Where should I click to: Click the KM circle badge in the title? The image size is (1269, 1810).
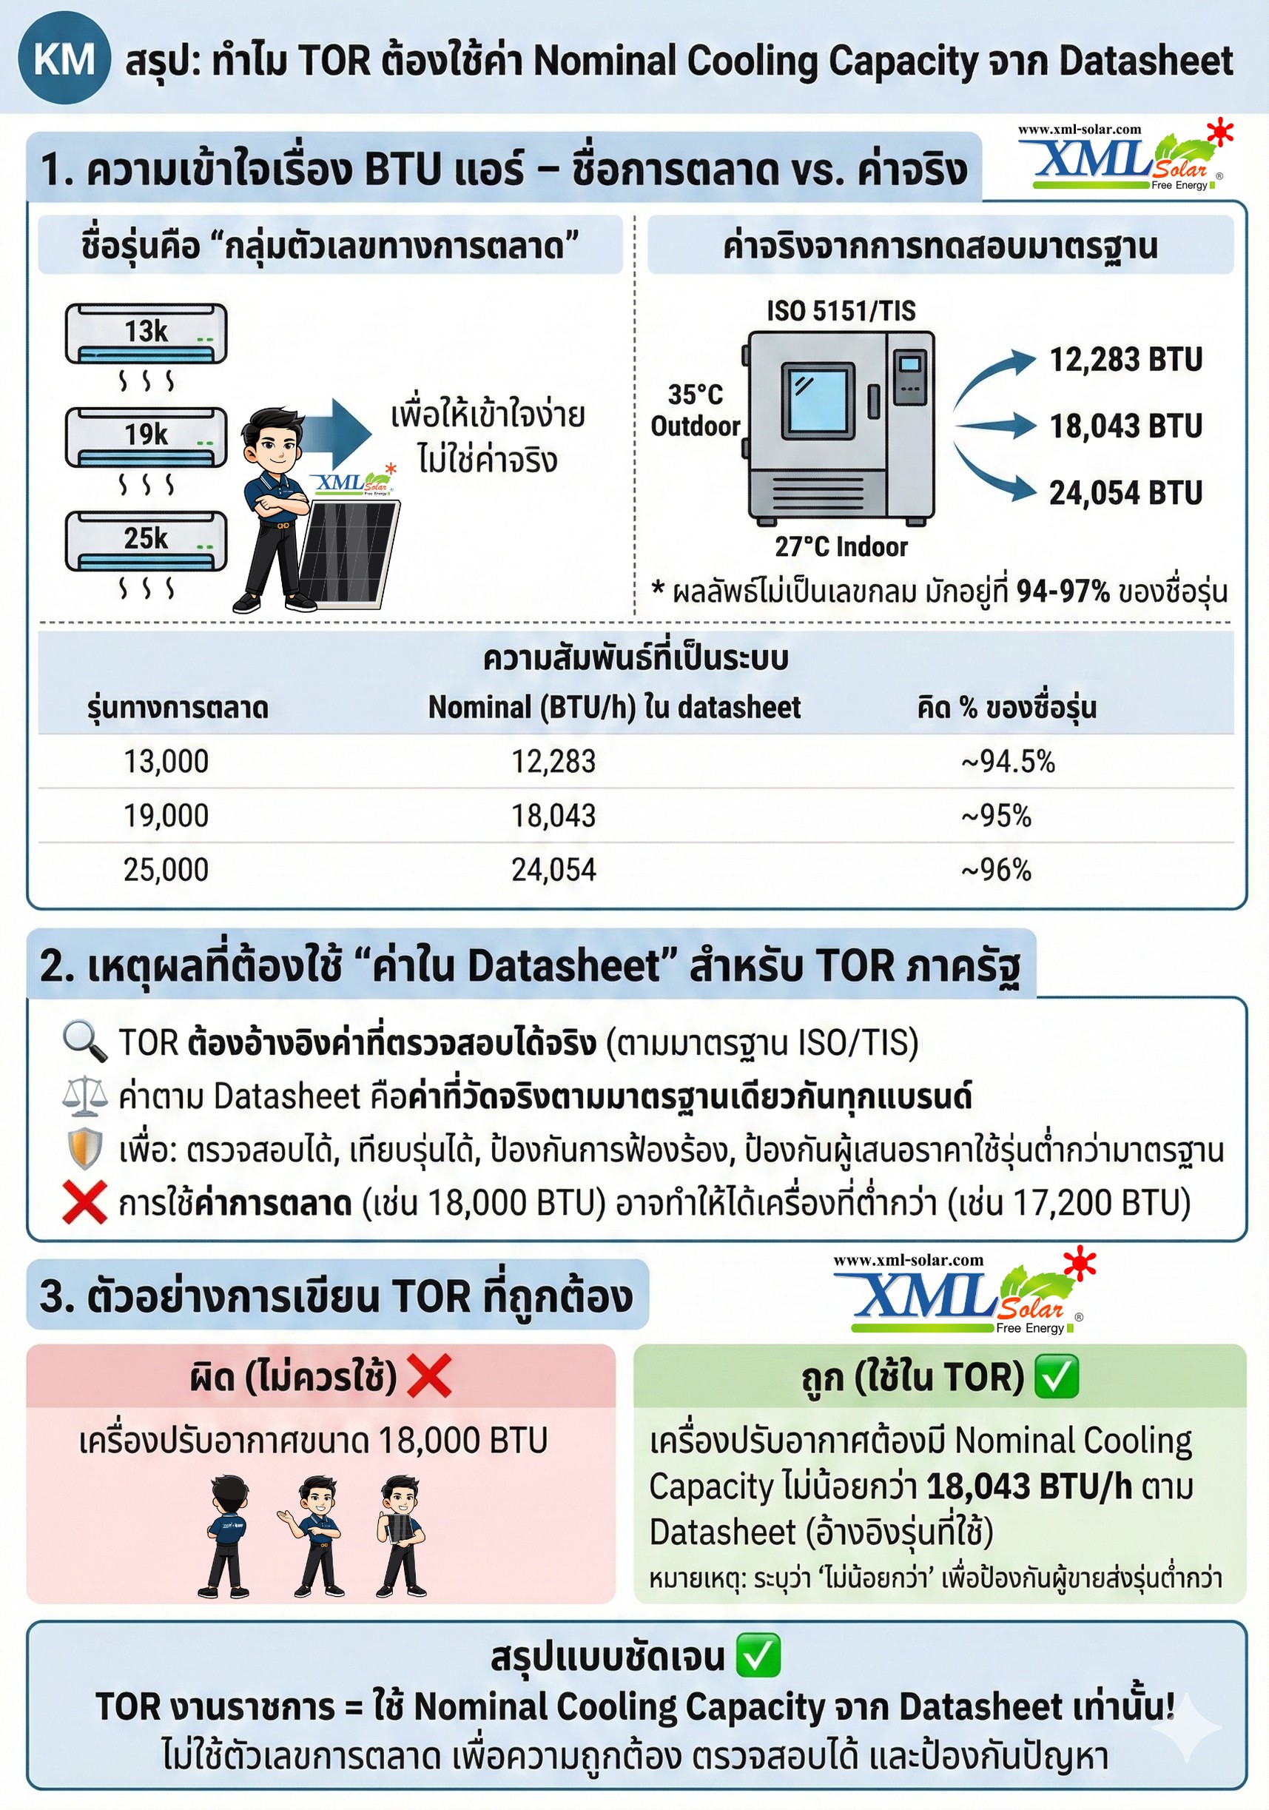tap(63, 60)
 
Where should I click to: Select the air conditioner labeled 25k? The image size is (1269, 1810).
tap(146, 542)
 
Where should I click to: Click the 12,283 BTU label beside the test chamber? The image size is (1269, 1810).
tap(1125, 360)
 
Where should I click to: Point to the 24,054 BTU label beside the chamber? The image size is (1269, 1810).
tap(1125, 493)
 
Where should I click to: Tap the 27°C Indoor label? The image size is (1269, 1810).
tap(841, 546)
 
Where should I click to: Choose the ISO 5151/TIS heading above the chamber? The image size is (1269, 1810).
tap(841, 311)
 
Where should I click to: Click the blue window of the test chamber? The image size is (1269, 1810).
tap(818, 400)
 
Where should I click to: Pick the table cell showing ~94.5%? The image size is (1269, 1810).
tap(1007, 762)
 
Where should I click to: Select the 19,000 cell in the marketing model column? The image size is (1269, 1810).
tap(166, 815)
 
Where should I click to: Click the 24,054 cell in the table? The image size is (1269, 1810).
tap(553, 870)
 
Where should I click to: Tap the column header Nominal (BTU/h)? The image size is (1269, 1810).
tap(613, 707)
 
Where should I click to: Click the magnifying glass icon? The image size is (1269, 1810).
tap(84, 1042)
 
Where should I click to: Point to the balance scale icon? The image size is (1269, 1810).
tap(84, 1096)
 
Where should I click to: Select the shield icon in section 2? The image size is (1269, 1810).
tap(84, 1149)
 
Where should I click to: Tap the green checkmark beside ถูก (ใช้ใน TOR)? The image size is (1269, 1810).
tap(1055, 1376)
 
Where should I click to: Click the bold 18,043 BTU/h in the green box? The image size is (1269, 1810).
tap(1029, 1486)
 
